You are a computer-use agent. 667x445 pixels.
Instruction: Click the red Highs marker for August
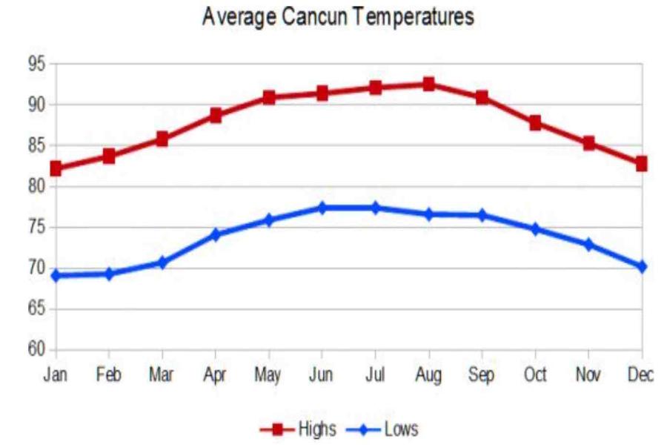[428, 84]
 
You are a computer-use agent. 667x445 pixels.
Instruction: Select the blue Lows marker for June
[322, 208]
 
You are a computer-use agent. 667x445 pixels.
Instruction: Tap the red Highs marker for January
[56, 168]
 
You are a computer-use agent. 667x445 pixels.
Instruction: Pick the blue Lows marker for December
[642, 266]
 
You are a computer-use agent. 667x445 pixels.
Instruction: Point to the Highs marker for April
[216, 115]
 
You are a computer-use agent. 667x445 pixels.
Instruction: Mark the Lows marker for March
[162, 262]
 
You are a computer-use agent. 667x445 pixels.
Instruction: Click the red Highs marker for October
[535, 122]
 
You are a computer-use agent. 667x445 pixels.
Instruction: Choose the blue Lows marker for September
[482, 215]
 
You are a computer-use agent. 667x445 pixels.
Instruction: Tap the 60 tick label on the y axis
[37, 349]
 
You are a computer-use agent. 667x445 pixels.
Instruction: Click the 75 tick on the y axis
[37, 227]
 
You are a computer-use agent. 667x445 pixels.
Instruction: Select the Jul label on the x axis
[376, 375]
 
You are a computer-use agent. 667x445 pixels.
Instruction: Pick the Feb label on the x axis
[109, 375]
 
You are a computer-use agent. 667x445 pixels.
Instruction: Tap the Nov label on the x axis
[588, 375]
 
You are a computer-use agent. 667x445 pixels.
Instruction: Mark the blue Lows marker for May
[269, 220]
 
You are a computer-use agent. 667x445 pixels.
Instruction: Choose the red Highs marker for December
[642, 163]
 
